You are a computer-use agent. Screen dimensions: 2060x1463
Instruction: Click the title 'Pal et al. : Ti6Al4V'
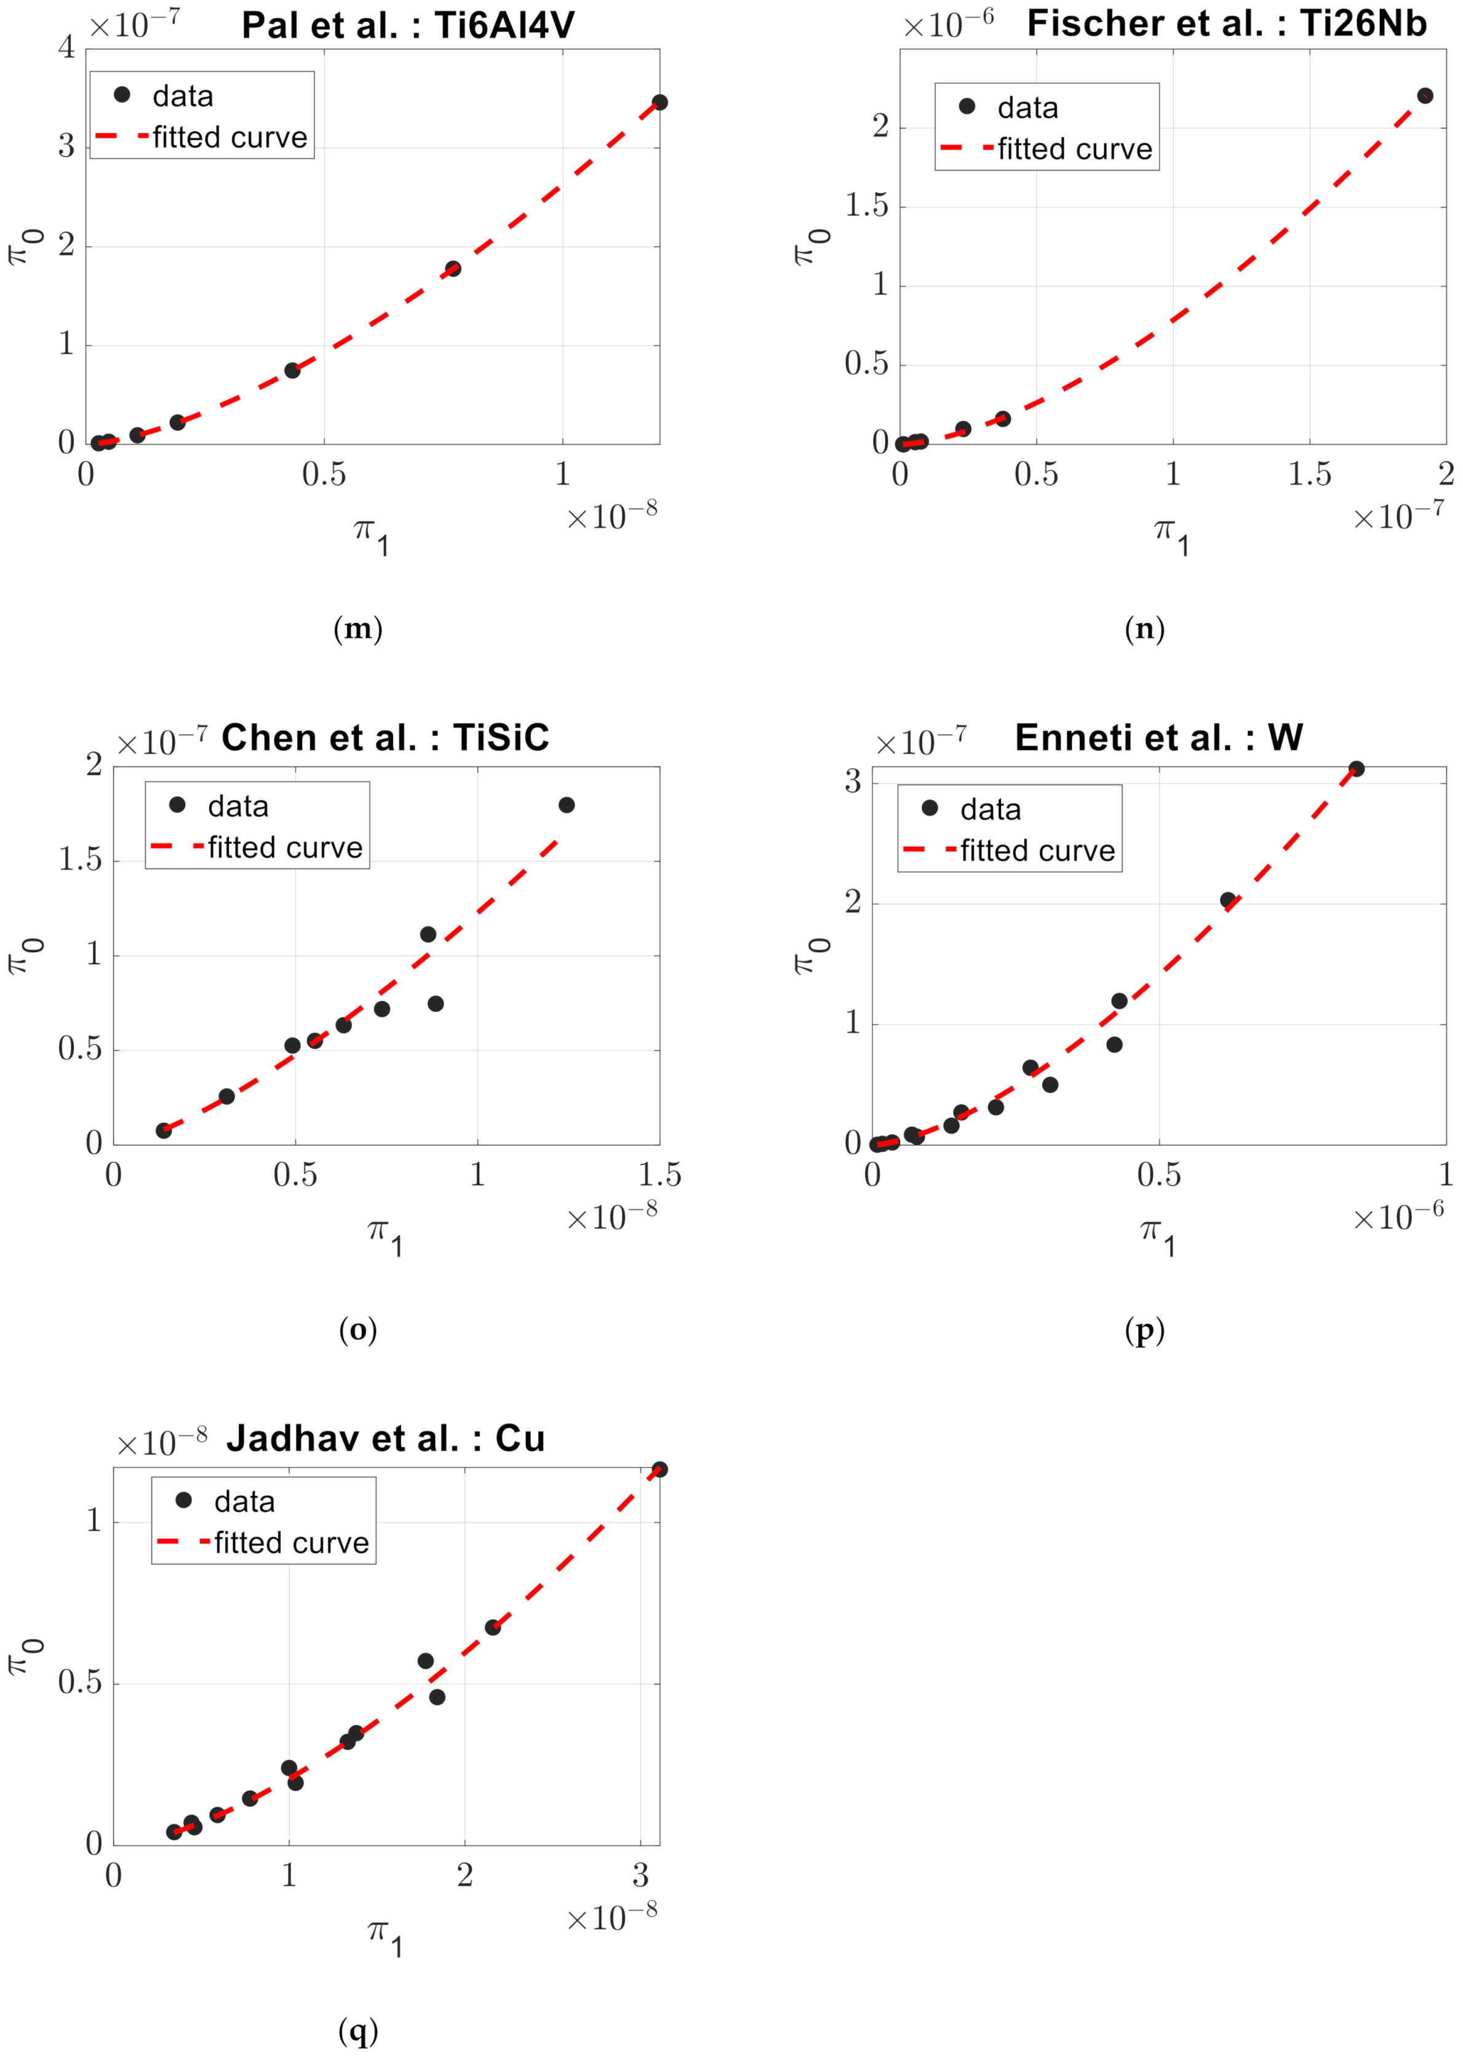pyautogui.click(x=407, y=25)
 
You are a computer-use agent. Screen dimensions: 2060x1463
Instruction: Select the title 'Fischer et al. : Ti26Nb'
pyautogui.click(x=1226, y=23)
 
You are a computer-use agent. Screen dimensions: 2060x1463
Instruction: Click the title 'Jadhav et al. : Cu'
pyautogui.click(x=386, y=1439)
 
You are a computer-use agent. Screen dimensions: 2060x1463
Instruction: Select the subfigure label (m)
pyautogui.click(x=357, y=629)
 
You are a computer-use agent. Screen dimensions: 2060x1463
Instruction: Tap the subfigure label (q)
pyautogui.click(x=357, y=2030)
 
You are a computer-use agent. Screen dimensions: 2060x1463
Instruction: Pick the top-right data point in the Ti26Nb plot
pyautogui.click(x=1425, y=95)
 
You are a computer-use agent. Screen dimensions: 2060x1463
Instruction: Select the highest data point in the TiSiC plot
pyautogui.click(x=567, y=805)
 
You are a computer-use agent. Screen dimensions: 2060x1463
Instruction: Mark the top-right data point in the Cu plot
pyautogui.click(x=660, y=1469)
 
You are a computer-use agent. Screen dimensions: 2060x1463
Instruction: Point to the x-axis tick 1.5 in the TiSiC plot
pyautogui.click(x=660, y=1175)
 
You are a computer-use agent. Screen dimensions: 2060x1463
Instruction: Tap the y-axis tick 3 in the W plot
pyautogui.click(x=852, y=781)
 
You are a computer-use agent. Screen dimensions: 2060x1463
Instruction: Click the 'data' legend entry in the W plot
pyautogui.click(x=990, y=809)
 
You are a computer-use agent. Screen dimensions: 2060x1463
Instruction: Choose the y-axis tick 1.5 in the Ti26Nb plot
pyautogui.click(x=866, y=206)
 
